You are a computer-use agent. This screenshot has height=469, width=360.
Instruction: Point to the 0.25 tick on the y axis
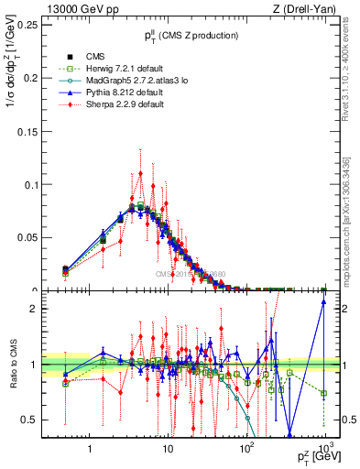click(x=38, y=25)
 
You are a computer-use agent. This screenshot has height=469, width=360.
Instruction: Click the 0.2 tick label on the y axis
click(x=41, y=78)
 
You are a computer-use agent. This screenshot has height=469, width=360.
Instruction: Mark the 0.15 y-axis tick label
click(x=38, y=131)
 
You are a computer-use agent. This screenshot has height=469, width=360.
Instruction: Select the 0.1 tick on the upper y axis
click(x=41, y=184)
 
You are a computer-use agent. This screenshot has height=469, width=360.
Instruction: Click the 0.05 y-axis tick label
click(x=38, y=237)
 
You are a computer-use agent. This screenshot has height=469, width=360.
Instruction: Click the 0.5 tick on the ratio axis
click(x=42, y=420)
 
